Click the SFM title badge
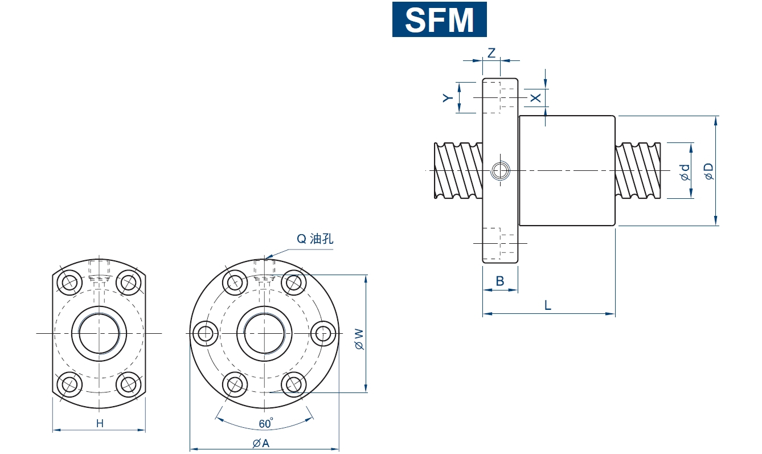coord(439,19)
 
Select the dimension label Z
coord(491,52)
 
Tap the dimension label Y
coord(448,98)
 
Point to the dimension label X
coord(536,97)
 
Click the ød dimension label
coord(685,172)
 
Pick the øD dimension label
coord(709,171)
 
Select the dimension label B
coord(499,281)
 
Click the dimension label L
coord(547,305)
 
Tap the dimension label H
coord(100,423)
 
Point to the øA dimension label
coord(261,443)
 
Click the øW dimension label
coord(358,338)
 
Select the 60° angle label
coord(265,423)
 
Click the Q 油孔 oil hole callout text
coord(314,239)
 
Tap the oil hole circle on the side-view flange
coord(501,170)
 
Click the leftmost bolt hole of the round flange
coord(204,333)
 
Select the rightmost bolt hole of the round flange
coord(324,333)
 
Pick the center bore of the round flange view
coord(264,333)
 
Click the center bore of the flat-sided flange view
coord(99,333)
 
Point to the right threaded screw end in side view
coord(638,170)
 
